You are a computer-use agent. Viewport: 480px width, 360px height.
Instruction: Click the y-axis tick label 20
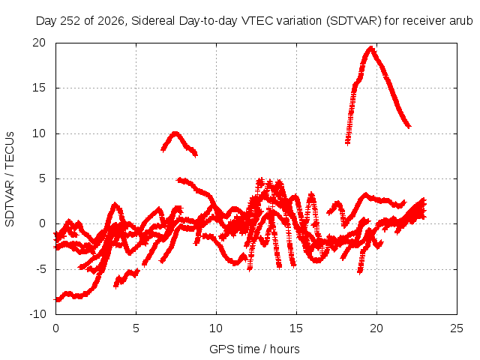tap(39, 43)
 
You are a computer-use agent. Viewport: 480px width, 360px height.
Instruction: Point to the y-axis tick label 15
tap(39, 88)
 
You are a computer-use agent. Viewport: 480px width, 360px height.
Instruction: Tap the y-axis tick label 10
tap(39, 133)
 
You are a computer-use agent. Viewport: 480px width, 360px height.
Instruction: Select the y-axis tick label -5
tap(41, 270)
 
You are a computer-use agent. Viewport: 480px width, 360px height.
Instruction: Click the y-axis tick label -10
tap(38, 314)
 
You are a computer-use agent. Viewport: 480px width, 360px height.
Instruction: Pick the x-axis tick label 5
tap(136, 328)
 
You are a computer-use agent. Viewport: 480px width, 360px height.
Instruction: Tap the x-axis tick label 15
tap(296, 328)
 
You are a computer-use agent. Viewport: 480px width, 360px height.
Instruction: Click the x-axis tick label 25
tap(457, 328)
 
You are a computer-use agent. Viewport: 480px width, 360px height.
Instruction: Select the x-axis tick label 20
tap(376, 328)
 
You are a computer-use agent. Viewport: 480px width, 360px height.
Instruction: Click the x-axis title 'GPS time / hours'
tap(254, 349)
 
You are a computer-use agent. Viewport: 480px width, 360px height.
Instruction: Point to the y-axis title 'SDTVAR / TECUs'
tap(10, 179)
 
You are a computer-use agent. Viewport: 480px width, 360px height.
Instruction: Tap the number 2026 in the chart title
tap(111, 21)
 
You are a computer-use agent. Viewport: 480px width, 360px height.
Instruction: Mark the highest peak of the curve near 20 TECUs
tap(371, 48)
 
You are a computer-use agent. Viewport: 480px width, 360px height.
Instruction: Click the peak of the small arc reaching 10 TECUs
tap(175, 133)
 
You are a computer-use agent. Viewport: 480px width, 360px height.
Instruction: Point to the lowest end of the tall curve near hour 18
tap(347, 142)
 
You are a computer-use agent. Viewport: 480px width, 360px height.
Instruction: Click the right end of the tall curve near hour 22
tap(409, 126)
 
